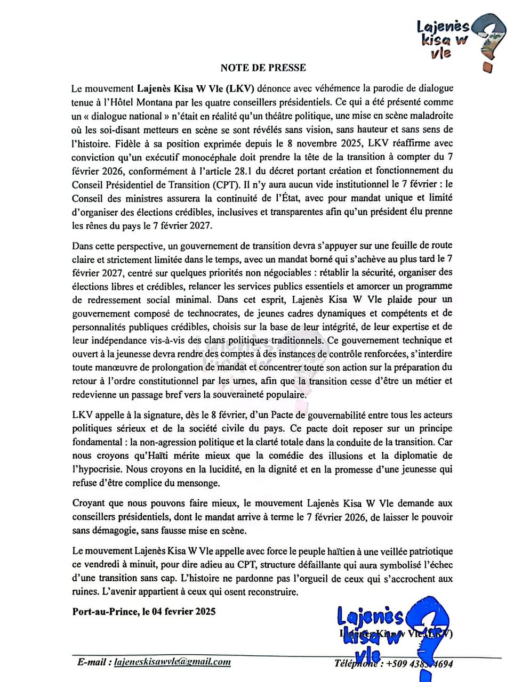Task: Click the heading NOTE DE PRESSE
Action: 263,68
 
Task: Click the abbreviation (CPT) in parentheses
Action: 221,185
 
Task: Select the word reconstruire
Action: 275,592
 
